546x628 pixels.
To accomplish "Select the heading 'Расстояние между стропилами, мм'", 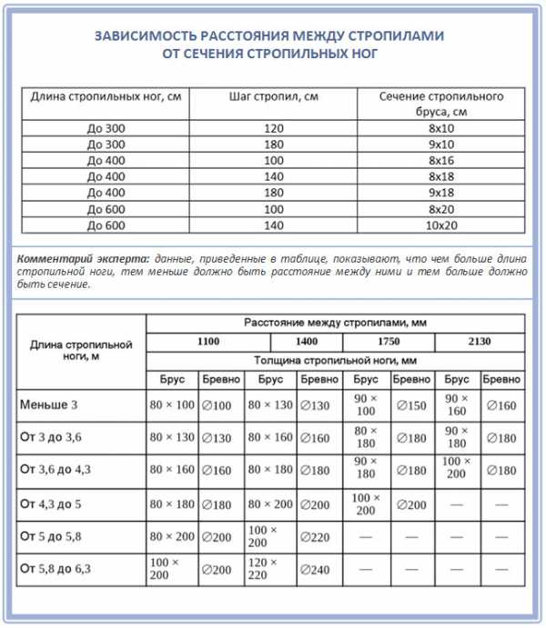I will coord(336,323).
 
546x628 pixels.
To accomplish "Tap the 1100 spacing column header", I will coord(197,342).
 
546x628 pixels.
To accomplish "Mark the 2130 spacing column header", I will coord(480,342).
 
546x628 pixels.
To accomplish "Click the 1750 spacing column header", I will coord(389,342).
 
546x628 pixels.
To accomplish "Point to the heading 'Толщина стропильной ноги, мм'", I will coord(336,360).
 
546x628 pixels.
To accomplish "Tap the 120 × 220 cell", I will coord(264,569).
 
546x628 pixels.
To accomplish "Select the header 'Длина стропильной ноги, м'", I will coord(82,351).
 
